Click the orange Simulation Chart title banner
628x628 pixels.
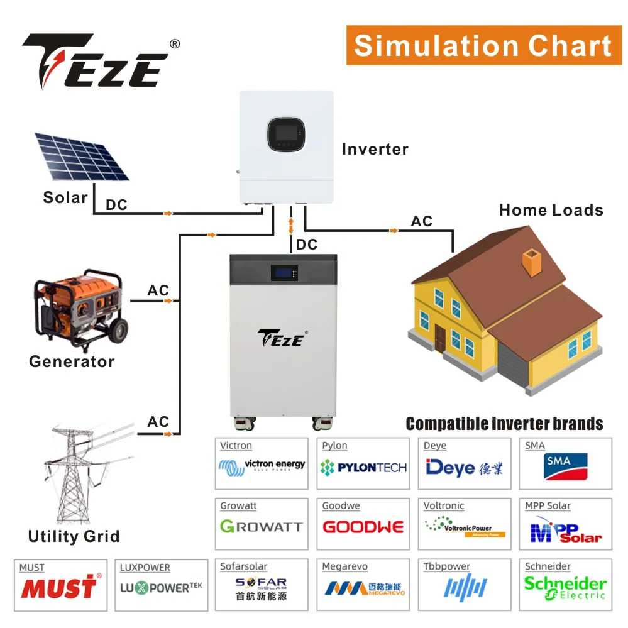coord(483,45)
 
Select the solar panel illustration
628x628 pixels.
coord(82,156)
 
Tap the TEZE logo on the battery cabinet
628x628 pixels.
coord(282,338)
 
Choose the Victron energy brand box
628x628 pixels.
coord(262,464)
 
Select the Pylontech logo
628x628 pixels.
coord(363,468)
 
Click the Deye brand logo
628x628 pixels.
coord(465,467)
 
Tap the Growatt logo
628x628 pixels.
coord(262,527)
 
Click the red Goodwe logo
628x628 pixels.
coord(363,527)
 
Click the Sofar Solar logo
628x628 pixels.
coord(262,588)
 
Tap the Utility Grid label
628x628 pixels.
coord(74,537)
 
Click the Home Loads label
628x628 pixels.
coord(551,211)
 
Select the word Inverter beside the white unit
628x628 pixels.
coord(375,150)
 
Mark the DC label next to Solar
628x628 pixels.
coord(117,205)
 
